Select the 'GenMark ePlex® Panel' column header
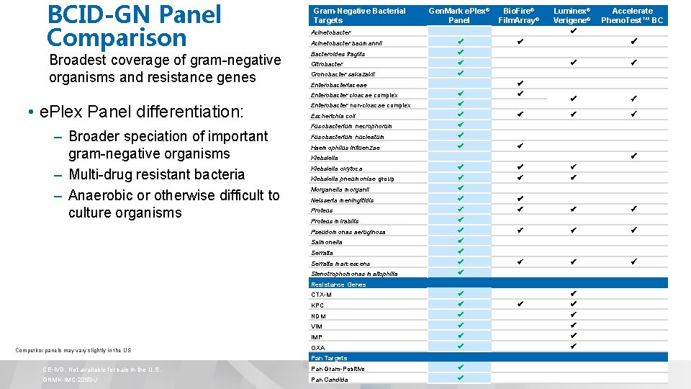459,15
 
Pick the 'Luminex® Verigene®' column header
572,15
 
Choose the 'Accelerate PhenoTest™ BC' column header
632,15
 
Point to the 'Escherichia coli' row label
333,116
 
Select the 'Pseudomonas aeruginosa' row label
348,232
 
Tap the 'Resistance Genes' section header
338,285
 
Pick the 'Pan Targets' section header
329,358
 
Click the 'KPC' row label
317,305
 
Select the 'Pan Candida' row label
330,379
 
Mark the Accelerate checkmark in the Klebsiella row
633,156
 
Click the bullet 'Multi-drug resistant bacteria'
156,174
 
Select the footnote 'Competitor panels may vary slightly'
73,351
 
